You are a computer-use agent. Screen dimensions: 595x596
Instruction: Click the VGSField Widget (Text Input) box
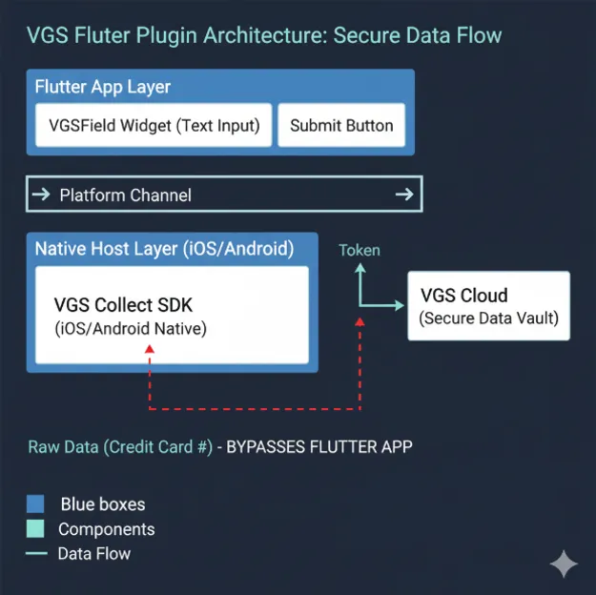[x=154, y=126]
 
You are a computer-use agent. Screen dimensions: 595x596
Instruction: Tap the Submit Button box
[x=341, y=126]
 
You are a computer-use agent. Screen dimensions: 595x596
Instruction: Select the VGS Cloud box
[x=489, y=306]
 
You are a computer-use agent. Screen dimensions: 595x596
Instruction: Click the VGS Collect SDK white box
[x=172, y=316]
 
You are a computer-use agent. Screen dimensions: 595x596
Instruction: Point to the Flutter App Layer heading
[x=103, y=87]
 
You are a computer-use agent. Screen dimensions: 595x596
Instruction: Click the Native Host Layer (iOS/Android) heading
[x=164, y=250]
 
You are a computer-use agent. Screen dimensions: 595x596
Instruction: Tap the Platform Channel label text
[x=125, y=195]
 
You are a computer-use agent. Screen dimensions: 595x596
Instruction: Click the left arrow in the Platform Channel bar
[x=41, y=195]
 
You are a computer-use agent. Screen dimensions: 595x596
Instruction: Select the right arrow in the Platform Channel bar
[x=403, y=195]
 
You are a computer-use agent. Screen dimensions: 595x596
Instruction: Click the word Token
[x=360, y=251]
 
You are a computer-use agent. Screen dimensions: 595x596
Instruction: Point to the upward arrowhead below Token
[x=360, y=270]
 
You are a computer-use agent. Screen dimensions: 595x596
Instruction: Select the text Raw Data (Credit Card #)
[x=120, y=446]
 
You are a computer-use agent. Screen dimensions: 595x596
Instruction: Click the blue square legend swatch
[x=36, y=503]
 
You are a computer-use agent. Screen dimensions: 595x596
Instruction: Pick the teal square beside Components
[x=36, y=528]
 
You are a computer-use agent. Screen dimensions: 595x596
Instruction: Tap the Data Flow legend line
[x=36, y=553]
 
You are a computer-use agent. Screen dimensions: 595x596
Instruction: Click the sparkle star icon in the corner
[x=564, y=564]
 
